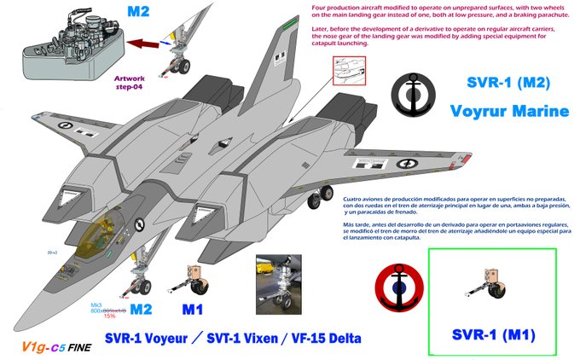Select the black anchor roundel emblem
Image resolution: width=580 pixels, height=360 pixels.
(x=417, y=91)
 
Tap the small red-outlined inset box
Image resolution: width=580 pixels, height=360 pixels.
(x=349, y=72)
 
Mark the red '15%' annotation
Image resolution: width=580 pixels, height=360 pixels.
(x=109, y=316)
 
